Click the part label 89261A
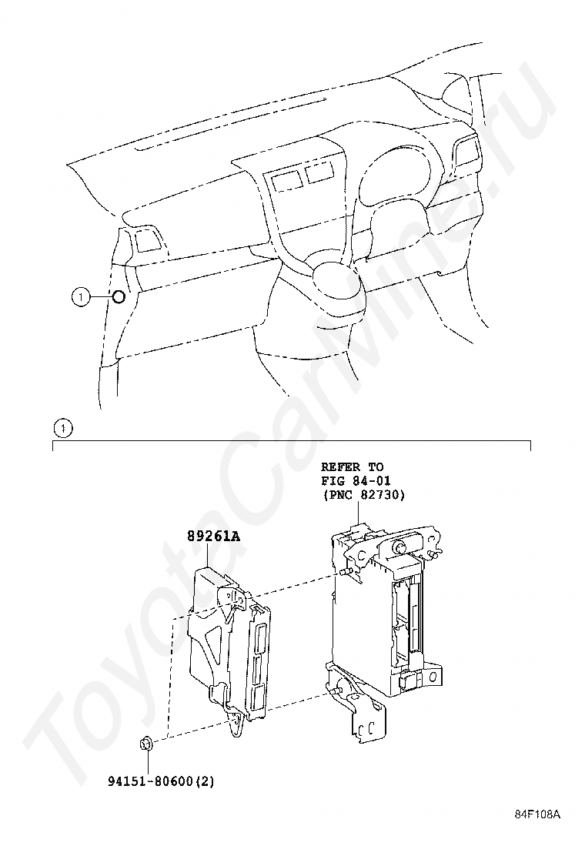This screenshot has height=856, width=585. pyautogui.click(x=213, y=537)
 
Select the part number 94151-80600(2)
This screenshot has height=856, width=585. pyautogui.click(x=161, y=781)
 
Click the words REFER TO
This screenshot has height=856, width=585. pyautogui.click(x=352, y=467)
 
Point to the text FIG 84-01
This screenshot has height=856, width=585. pyautogui.click(x=355, y=480)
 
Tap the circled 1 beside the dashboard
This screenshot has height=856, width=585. pyautogui.click(x=81, y=296)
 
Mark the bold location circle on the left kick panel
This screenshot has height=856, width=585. pyautogui.click(x=119, y=296)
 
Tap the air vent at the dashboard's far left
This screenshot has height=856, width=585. pyautogui.click(x=145, y=243)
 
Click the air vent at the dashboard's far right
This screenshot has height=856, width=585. pyautogui.click(x=466, y=153)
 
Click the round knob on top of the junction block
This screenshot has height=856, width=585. pyautogui.click(x=399, y=547)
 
